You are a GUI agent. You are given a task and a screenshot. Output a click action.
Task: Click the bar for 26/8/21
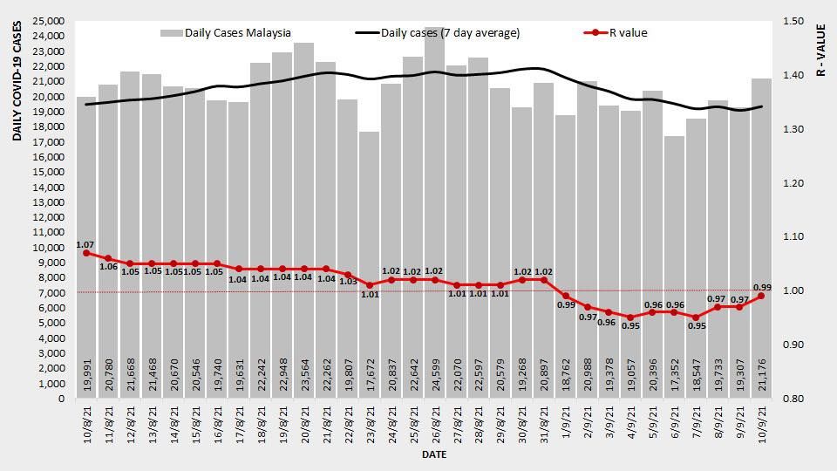tap(435, 218)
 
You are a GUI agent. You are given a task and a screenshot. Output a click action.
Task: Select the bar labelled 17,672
tap(370, 262)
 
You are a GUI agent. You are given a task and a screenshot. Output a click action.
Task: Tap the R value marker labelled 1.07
tap(86, 253)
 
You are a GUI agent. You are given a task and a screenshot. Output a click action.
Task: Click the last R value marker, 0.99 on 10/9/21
tap(761, 296)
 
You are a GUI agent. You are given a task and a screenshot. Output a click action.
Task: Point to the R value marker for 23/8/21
tap(370, 285)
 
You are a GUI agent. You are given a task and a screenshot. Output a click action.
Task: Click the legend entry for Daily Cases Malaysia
tap(227, 33)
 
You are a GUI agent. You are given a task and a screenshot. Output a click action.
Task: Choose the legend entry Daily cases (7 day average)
tap(439, 33)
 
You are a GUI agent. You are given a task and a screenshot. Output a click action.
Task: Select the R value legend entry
tap(616, 33)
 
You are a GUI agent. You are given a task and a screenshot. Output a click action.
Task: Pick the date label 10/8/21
tap(86, 427)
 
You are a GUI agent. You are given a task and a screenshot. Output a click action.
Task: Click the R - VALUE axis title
tap(821, 49)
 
